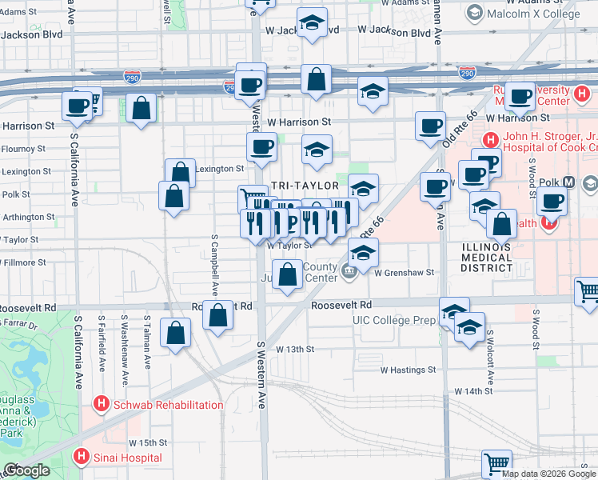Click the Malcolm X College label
pos(533,14)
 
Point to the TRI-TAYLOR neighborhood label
pos(301,186)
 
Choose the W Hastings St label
pos(408,370)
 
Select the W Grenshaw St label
pos(404,272)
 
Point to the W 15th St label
pos(147,442)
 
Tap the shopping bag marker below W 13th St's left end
pos(176,333)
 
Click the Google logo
pos(26,470)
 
